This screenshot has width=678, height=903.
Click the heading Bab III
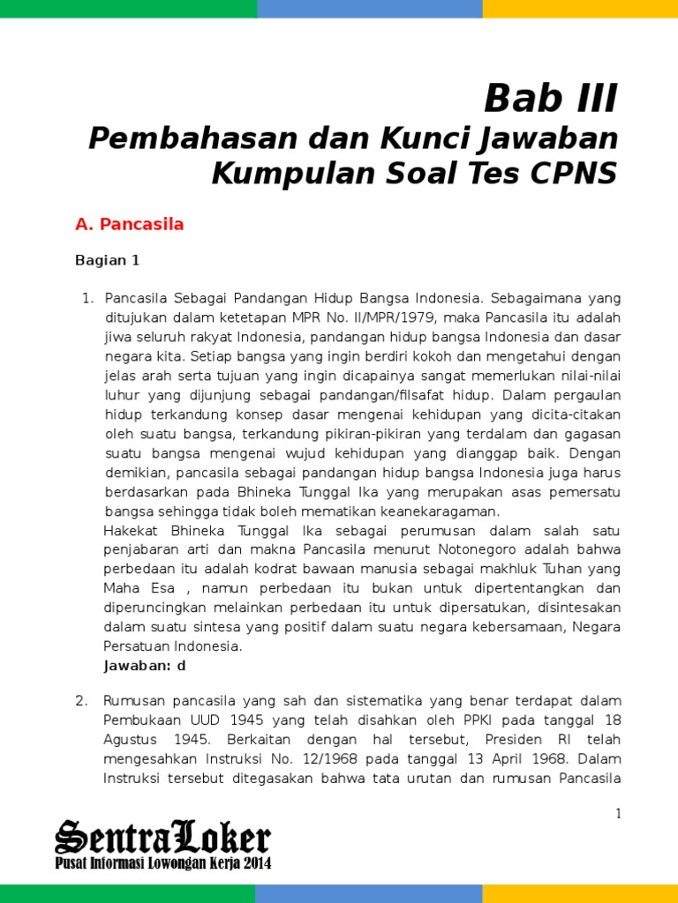551,99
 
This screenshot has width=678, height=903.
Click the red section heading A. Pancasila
130,224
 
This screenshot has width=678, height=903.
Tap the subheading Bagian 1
108,260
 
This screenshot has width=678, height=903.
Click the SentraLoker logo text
162,837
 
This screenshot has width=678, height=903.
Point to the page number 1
619,814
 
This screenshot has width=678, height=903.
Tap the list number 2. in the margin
81,700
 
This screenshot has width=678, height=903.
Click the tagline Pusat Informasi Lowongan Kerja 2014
163,863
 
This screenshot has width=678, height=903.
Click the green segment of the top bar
128,9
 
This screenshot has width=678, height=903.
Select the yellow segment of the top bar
580,9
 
